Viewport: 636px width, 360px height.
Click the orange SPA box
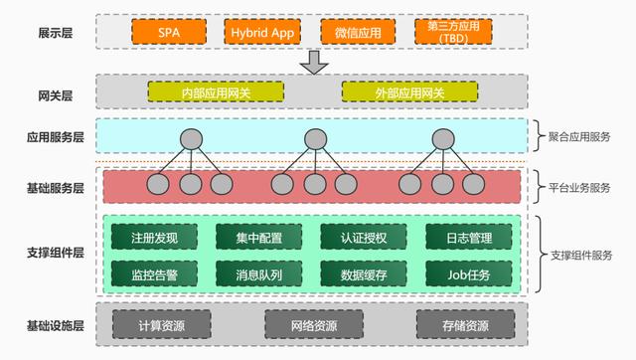point(168,31)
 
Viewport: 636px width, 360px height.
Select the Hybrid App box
point(261,31)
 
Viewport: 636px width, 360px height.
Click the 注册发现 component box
point(154,238)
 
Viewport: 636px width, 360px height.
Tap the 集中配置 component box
point(259,238)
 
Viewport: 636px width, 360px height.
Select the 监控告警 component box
point(154,271)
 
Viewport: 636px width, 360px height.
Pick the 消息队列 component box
point(259,271)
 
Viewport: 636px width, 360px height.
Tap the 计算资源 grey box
point(161,325)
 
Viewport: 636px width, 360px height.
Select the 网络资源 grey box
point(315,325)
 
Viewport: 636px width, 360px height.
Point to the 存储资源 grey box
point(465,325)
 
